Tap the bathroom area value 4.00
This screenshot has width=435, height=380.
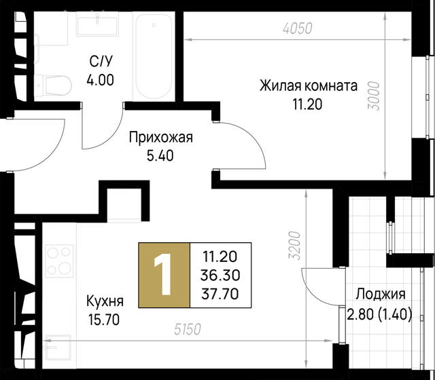click(101, 79)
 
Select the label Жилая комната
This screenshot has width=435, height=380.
click(308, 87)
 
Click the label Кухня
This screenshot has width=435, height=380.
click(105, 301)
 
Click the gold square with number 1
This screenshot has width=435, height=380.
click(164, 274)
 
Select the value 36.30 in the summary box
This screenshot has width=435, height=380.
click(220, 274)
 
